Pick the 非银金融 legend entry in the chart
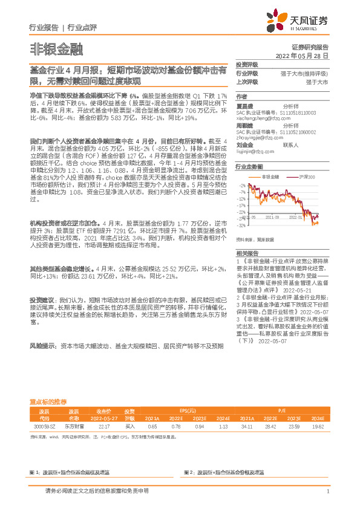(x=270, y=177)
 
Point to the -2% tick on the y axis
(x=242, y=185)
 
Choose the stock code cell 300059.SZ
(x=44, y=427)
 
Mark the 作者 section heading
(x=241, y=96)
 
